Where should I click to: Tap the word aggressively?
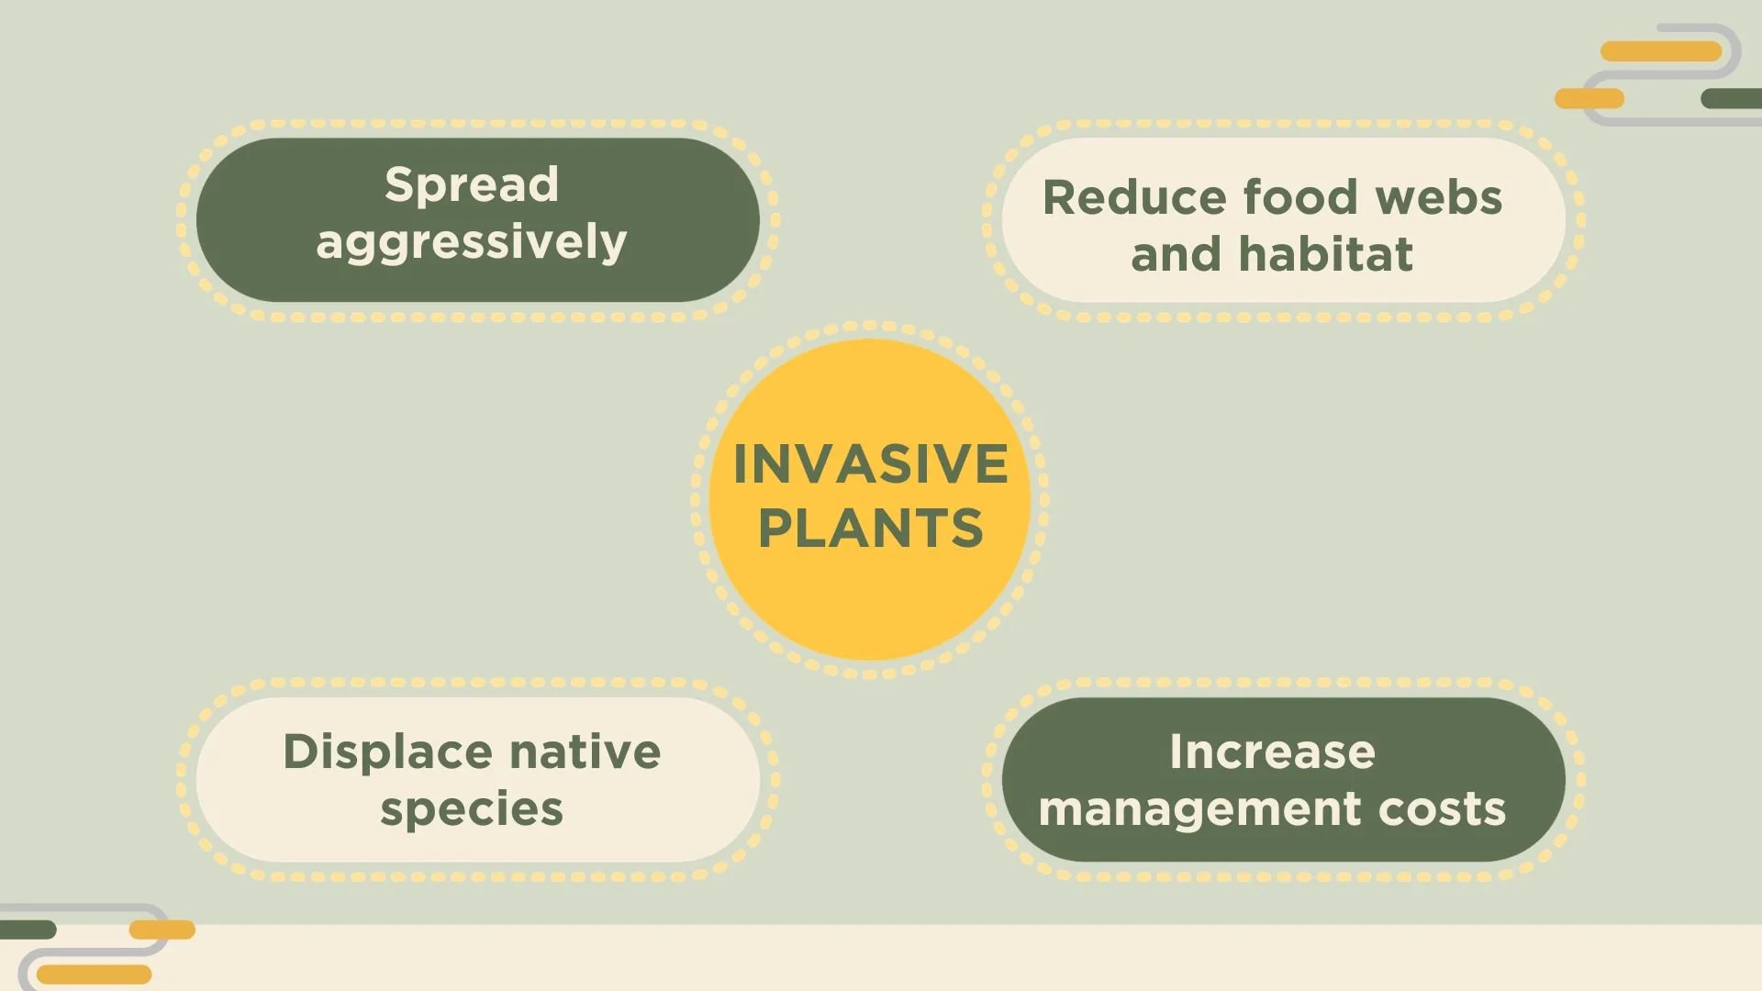472,243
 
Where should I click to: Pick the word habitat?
1325,255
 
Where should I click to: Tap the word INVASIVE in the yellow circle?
870,463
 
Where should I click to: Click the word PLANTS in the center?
870,529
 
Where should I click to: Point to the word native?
585,752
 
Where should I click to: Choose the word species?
472,809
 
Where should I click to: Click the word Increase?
1272,752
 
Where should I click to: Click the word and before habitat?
1176,255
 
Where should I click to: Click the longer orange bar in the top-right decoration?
1660,51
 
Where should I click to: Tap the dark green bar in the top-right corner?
1732,98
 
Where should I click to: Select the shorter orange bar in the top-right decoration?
1589,98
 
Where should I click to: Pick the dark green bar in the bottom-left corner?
28,930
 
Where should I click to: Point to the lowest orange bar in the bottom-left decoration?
94,974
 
